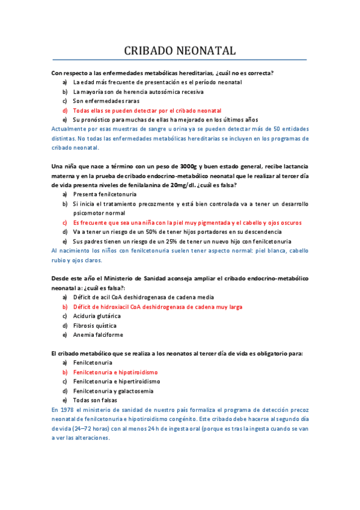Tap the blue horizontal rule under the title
(x=180, y=60)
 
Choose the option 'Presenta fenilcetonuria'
(x=105, y=194)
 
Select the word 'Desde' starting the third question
(x=62, y=278)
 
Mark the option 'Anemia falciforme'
(x=96, y=335)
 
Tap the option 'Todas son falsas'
(x=95, y=400)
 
